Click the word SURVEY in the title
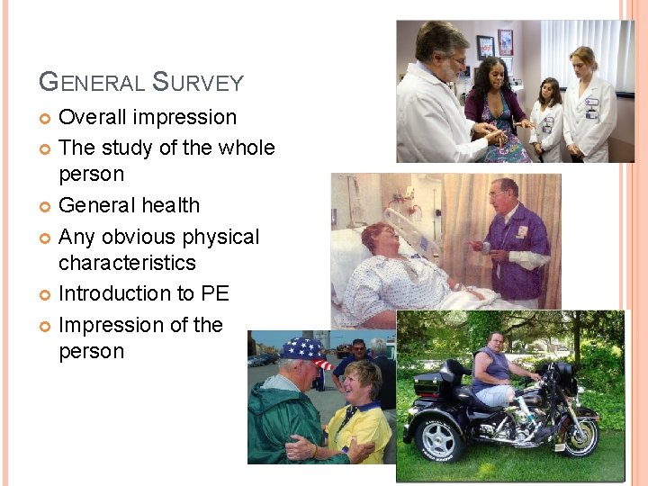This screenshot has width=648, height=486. click(198, 83)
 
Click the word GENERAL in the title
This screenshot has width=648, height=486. click(92, 83)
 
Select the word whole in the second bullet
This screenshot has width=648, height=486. click(243, 148)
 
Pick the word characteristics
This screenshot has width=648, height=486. click(127, 263)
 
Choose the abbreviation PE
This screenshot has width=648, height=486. click(216, 293)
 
